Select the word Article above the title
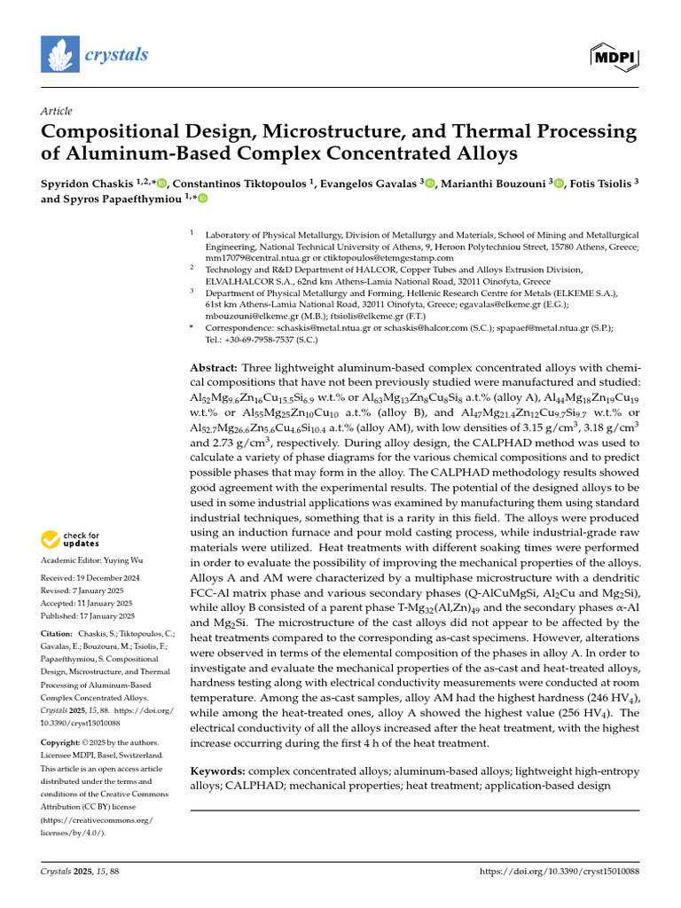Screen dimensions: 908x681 point(57,112)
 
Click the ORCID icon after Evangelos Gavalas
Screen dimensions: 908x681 point(430,184)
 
